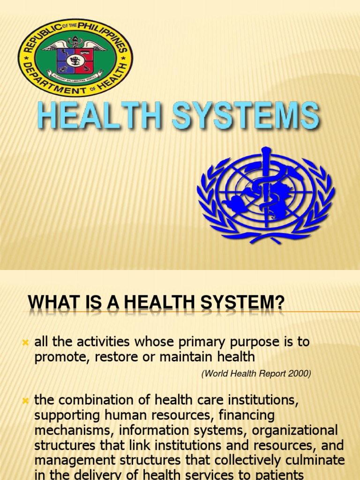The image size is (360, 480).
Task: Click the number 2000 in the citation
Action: pyautogui.click(x=299, y=374)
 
